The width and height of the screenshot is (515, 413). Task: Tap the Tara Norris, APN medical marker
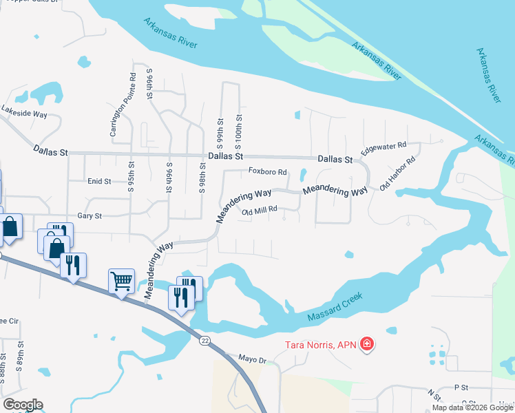click(x=367, y=343)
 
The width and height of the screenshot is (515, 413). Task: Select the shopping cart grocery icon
click(x=121, y=281)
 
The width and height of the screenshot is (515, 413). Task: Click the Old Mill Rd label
click(x=259, y=211)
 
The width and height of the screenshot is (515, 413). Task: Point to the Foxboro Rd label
click(x=267, y=171)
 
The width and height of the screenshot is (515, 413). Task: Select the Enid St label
click(x=99, y=181)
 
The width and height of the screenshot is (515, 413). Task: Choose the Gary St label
click(x=90, y=216)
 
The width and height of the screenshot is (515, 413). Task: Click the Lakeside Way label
click(x=23, y=112)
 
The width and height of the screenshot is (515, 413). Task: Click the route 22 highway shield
click(x=204, y=341)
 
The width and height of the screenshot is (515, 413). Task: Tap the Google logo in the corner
click(x=22, y=405)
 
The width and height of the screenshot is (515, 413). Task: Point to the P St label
click(x=461, y=388)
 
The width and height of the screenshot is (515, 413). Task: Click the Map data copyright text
click(x=472, y=407)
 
